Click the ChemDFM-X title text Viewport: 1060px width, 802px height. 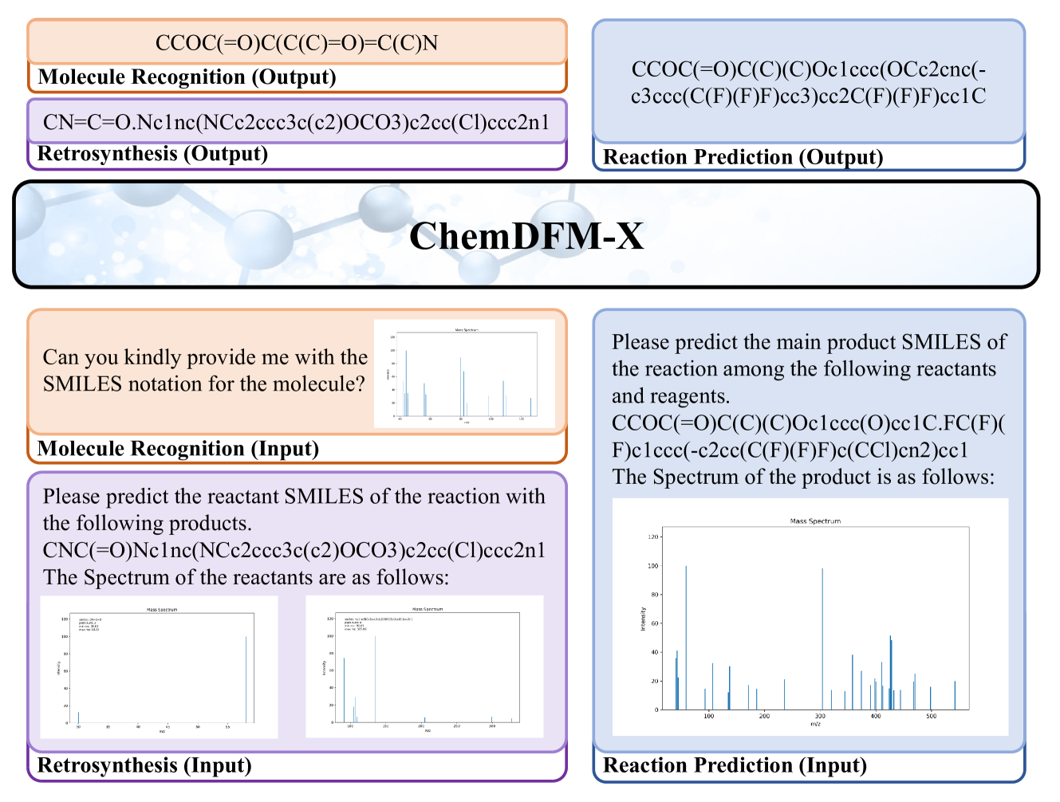(x=526, y=236)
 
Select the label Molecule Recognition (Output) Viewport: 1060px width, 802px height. (x=187, y=77)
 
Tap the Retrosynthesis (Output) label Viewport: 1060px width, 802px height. (x=152, y=154)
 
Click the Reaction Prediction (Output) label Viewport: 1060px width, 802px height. (x=743, y=157)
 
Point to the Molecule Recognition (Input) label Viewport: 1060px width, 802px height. (x=178, y=449)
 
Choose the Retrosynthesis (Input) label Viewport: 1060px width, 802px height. (x=144, y=765)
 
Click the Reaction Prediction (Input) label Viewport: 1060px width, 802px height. (x=735, y=765)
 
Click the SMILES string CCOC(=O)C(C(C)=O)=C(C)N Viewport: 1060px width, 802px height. (x=297, y=43)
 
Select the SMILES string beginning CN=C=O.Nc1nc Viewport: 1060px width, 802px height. (x=297, y=122)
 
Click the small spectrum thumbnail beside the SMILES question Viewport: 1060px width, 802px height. (x=464, y=374)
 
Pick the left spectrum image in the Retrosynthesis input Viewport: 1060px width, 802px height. (x=160, y=666)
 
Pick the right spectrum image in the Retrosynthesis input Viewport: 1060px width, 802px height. (x=424, y=666)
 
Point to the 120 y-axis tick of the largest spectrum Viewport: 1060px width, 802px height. (x=653, y=537)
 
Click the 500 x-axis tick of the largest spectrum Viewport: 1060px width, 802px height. (x=931, y=717)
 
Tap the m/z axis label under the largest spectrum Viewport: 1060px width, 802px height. (x=815, y=725)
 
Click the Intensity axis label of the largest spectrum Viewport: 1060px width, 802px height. (x=643, y=619)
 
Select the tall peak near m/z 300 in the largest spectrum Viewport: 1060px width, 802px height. (x=822, y=638)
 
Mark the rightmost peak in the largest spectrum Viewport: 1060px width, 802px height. (x=955, y=695)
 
